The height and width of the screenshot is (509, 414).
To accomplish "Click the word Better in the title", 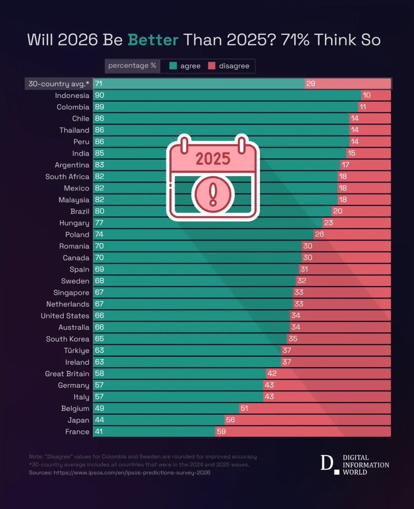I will click(153, 40).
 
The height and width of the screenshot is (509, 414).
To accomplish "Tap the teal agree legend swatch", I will click(173, 66).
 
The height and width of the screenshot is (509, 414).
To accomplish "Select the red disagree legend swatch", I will click(212, 66).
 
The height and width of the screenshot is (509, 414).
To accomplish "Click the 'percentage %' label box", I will click(132, 66).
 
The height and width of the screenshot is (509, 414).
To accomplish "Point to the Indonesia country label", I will click(72, 95).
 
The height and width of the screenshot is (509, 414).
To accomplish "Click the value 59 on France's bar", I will click(221, 432).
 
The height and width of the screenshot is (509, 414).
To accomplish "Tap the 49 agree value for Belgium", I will click(99, 408).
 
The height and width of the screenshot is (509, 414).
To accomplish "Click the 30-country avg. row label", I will click(59, 84).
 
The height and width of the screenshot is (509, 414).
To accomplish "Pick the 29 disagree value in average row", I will click(310, 84).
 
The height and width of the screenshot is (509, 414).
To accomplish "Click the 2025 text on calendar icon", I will click(213, 159).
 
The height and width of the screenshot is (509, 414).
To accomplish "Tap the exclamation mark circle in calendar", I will click(213, 194).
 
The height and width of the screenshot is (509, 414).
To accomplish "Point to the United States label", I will click(65, 316).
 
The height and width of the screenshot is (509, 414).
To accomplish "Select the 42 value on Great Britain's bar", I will click(272, 373).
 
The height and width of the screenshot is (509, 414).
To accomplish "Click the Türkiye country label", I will click(76, 351).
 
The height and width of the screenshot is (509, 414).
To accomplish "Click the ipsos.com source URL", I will click(132, 473).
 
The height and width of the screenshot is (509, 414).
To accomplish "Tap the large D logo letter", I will click(327, 463).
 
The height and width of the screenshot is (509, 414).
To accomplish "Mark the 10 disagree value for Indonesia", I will click(366, 95).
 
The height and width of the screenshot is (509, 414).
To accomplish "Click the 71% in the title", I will click(295, 40).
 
